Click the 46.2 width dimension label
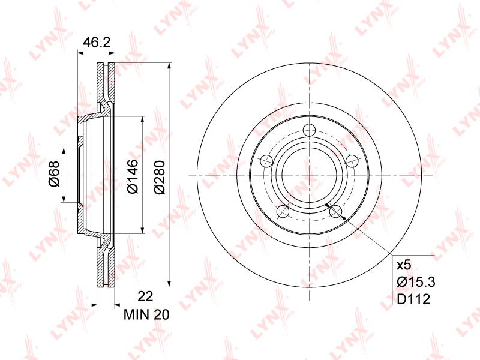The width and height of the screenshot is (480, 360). pos(97,43)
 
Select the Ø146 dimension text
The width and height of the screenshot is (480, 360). pos(133,176)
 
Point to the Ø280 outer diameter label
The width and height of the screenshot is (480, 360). pos(159,177)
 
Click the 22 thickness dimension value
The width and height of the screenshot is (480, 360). pos(145,296)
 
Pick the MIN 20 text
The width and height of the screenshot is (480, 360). pos(146,314)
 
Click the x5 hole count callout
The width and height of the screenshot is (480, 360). pos(404,265)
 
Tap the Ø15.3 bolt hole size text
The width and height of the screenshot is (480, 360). pos(416,281)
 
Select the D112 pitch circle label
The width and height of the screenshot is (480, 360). pos(413,299)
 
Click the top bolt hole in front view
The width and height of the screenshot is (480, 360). pos(309,130)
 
